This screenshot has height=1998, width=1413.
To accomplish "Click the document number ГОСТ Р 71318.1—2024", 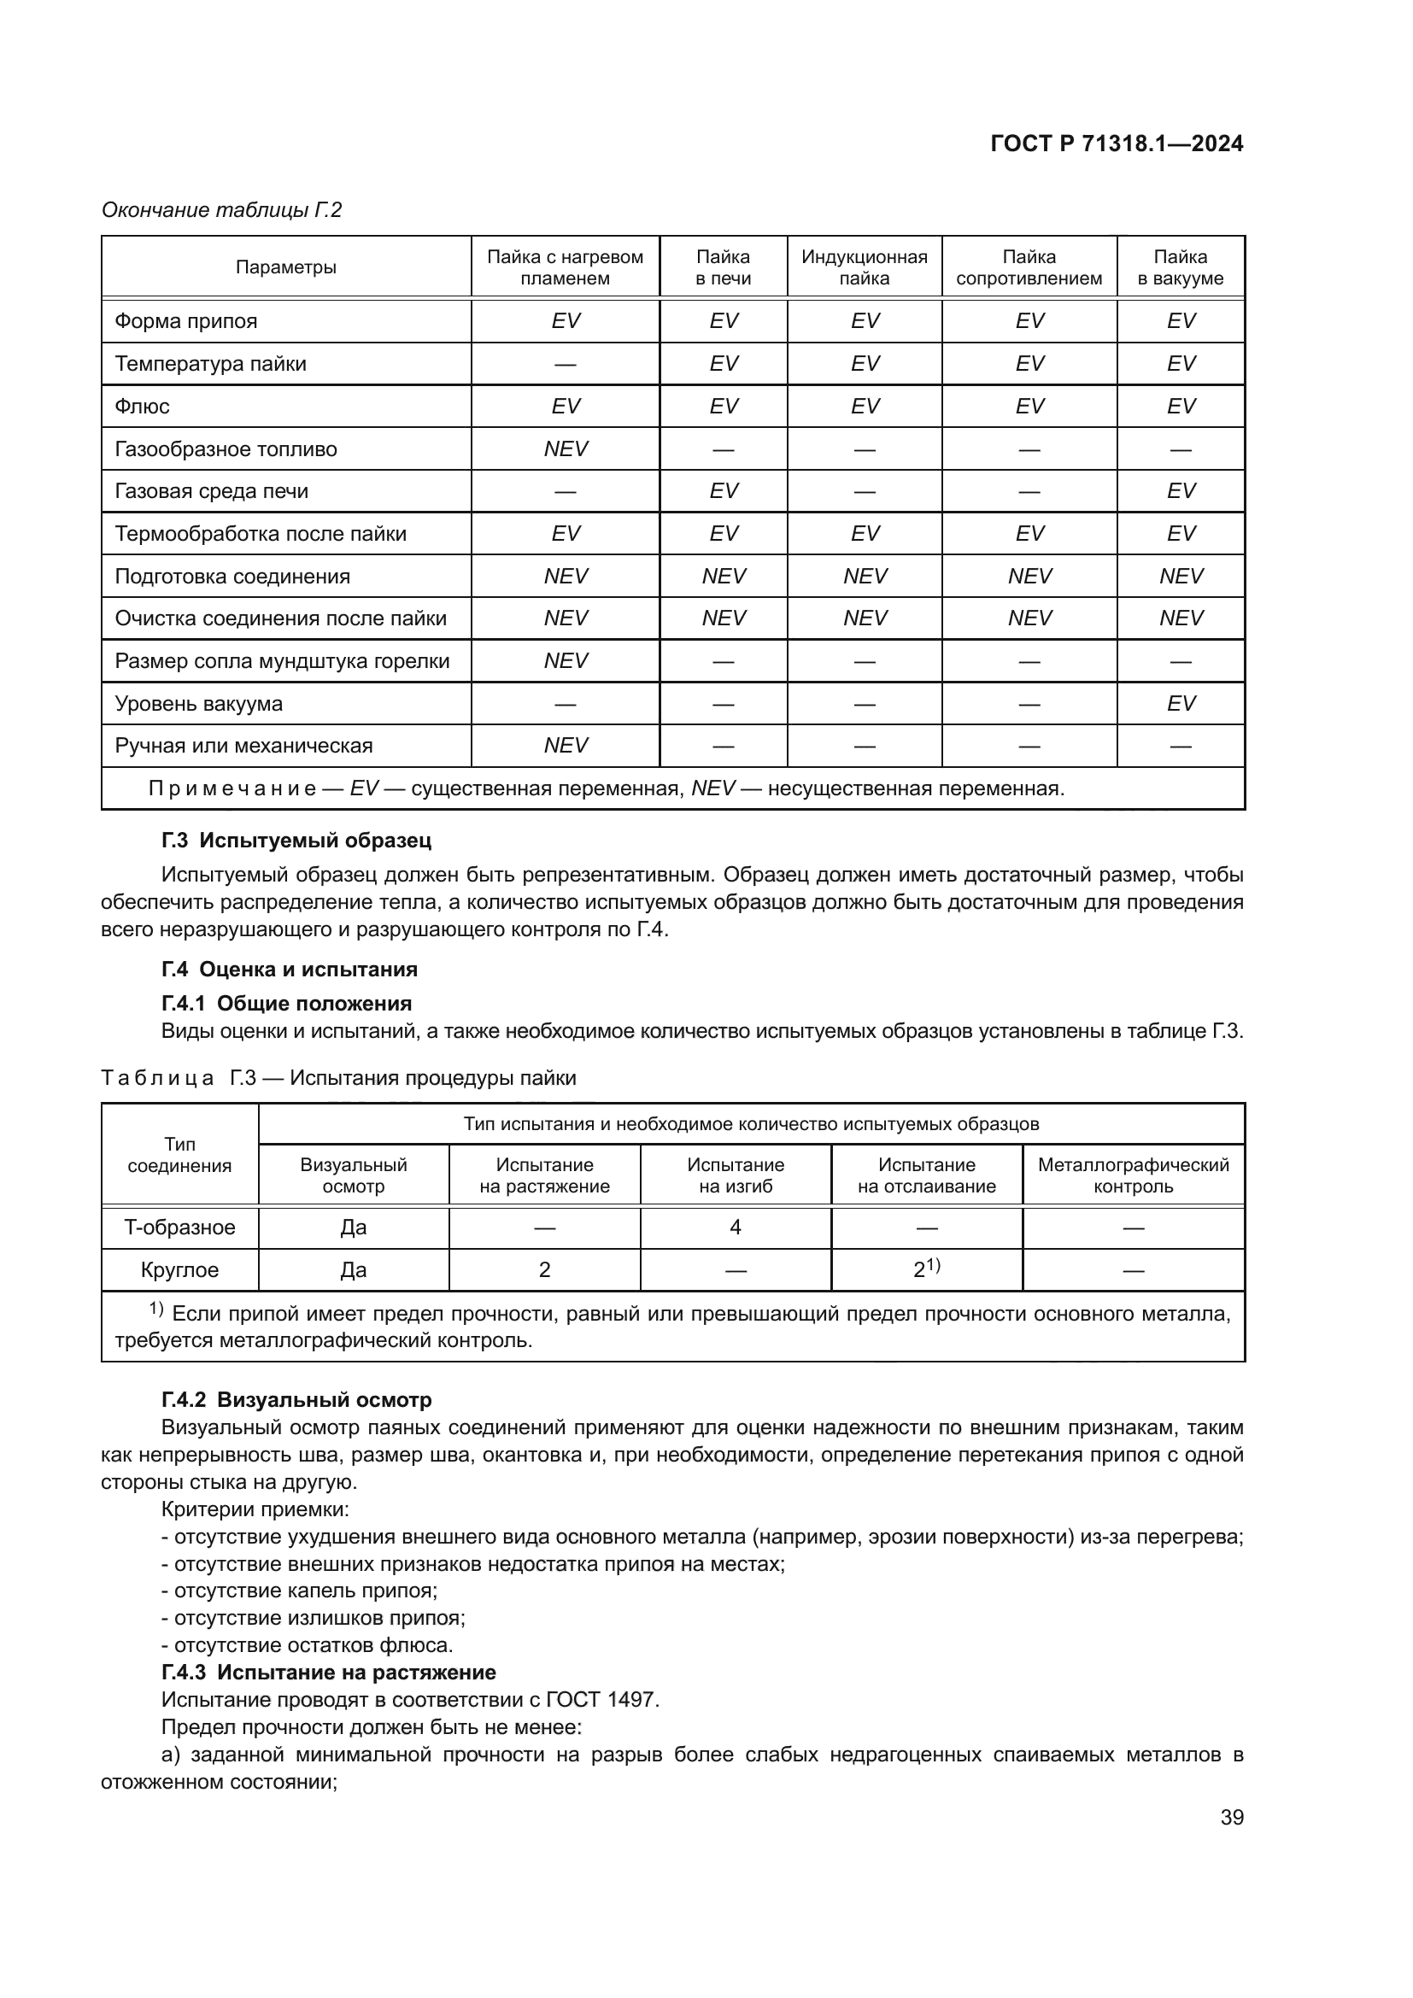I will click(1117, 144).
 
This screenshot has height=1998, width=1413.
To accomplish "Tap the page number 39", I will click(1231, 1817).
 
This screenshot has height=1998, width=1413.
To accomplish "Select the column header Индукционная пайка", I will click(864, 267).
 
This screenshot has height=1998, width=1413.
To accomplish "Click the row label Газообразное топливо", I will click(226, 449).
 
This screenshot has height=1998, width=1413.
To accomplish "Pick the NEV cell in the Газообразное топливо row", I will click(566, 449).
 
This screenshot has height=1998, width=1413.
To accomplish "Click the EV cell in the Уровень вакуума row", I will click(1181, 703).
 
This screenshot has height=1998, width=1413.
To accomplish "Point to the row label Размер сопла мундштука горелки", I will click(282, 661).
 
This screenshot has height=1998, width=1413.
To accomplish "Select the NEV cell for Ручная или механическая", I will click(566, 746).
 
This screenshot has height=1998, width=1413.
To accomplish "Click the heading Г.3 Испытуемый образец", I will click(296, 841).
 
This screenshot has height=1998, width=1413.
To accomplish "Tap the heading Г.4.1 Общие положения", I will click(286, 1004).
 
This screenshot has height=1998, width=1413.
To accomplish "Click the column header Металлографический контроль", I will click(1133, 1175).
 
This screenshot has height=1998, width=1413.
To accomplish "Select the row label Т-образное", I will click(179, 1228).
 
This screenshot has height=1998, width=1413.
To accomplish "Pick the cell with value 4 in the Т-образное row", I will click(736, 1228).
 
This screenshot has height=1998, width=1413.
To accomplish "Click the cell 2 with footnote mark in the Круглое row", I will click(926, 1269).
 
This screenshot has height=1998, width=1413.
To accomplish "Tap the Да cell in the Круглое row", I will click(354, 1270).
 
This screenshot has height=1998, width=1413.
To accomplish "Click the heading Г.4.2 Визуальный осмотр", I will click(296, 1400).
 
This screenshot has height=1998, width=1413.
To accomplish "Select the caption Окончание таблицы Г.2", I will click(222, 210).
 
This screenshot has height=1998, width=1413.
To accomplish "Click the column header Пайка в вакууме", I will click(1180, 267).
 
